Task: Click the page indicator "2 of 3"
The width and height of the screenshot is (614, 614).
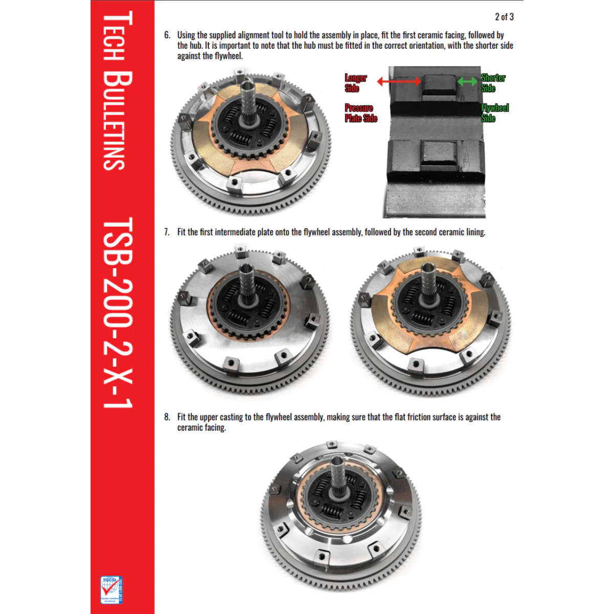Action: tap(504, 17)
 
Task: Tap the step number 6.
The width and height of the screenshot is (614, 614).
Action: tap(167, 35)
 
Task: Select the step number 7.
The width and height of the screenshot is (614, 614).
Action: tap(167, 232)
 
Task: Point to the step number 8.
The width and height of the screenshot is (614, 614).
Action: tap(167, 417)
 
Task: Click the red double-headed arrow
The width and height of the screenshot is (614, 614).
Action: tap(399, 81)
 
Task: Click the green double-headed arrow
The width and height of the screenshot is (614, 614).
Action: tap(467, 81)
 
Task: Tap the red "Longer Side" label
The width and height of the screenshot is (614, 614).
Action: tap(355, 83)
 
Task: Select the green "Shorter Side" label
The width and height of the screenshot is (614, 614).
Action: tap(492, 83)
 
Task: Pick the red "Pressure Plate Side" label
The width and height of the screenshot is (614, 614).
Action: tap(361, 113)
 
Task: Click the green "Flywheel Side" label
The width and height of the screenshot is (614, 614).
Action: tap(494, 113)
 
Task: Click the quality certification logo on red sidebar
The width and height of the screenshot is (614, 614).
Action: tap(112, 590)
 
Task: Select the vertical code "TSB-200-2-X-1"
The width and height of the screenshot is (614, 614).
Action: tap(118, 312)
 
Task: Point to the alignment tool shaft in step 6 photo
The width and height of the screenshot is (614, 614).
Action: tap(248, 100)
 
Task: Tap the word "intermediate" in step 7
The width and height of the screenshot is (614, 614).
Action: tap(235, 232)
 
